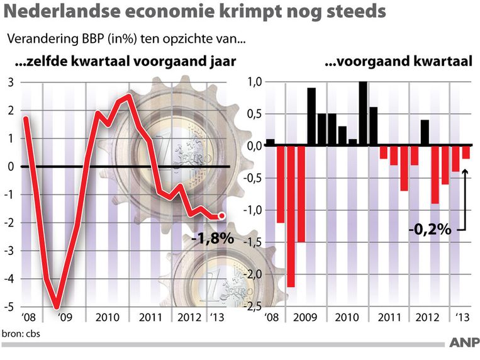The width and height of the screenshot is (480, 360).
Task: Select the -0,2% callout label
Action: tap(430, 230)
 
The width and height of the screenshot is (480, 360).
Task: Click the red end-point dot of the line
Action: tap(221, 216)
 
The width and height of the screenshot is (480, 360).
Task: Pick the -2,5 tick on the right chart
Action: tap(253, 307)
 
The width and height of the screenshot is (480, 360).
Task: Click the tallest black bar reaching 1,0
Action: tap(363, 113)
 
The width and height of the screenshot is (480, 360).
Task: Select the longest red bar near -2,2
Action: tap(291, 216)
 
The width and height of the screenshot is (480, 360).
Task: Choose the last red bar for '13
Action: tap(466, 152)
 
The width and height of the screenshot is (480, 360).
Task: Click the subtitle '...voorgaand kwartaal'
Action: tap(398, 62)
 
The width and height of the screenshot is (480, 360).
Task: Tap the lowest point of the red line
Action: tap(57, 307)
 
